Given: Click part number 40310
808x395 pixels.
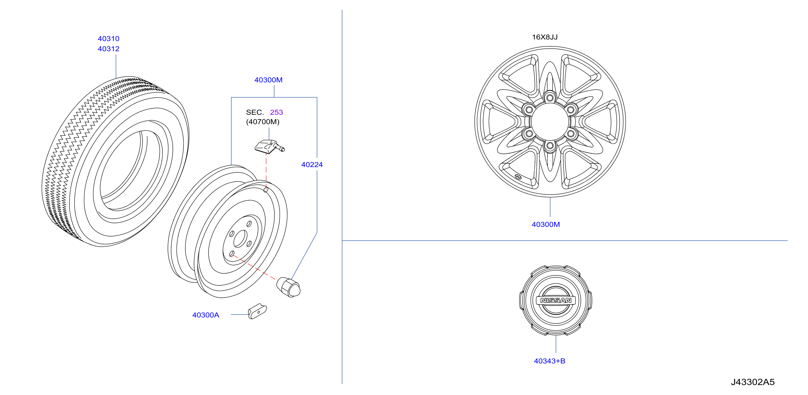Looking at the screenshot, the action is (x=108, y=39).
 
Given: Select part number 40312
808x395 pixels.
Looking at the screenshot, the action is (x=108, y=49).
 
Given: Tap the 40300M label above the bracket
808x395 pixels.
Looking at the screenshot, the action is (x=268, y=80).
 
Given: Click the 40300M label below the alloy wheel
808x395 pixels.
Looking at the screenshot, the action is (x=546, y=224).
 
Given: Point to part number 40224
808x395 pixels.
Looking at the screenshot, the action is (x=312, y=164).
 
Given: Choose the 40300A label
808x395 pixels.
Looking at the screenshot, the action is (x=205, y=315).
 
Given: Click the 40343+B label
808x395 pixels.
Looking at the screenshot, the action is (x=549, y=361).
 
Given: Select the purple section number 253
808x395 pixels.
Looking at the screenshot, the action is (x=276, y=112).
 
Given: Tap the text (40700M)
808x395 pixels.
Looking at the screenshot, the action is (x=262, y=122).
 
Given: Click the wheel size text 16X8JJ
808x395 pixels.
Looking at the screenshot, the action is (x=545, y=37).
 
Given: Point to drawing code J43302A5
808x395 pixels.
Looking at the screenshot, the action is (x=753, y=382).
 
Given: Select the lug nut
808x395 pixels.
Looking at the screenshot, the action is (x=288, y=287).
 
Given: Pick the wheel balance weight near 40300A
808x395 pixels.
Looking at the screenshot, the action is (x=257, y=311).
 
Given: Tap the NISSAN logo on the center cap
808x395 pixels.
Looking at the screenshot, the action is (x=555, y=300).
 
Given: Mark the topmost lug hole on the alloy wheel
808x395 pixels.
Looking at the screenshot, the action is (x=550, y=98).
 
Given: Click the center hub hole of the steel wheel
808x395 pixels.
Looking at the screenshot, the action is (x=240, y=238).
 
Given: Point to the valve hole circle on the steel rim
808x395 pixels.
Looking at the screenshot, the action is (x=266, y=190).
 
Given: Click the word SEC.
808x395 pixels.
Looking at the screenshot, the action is (x=255, y=112).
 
